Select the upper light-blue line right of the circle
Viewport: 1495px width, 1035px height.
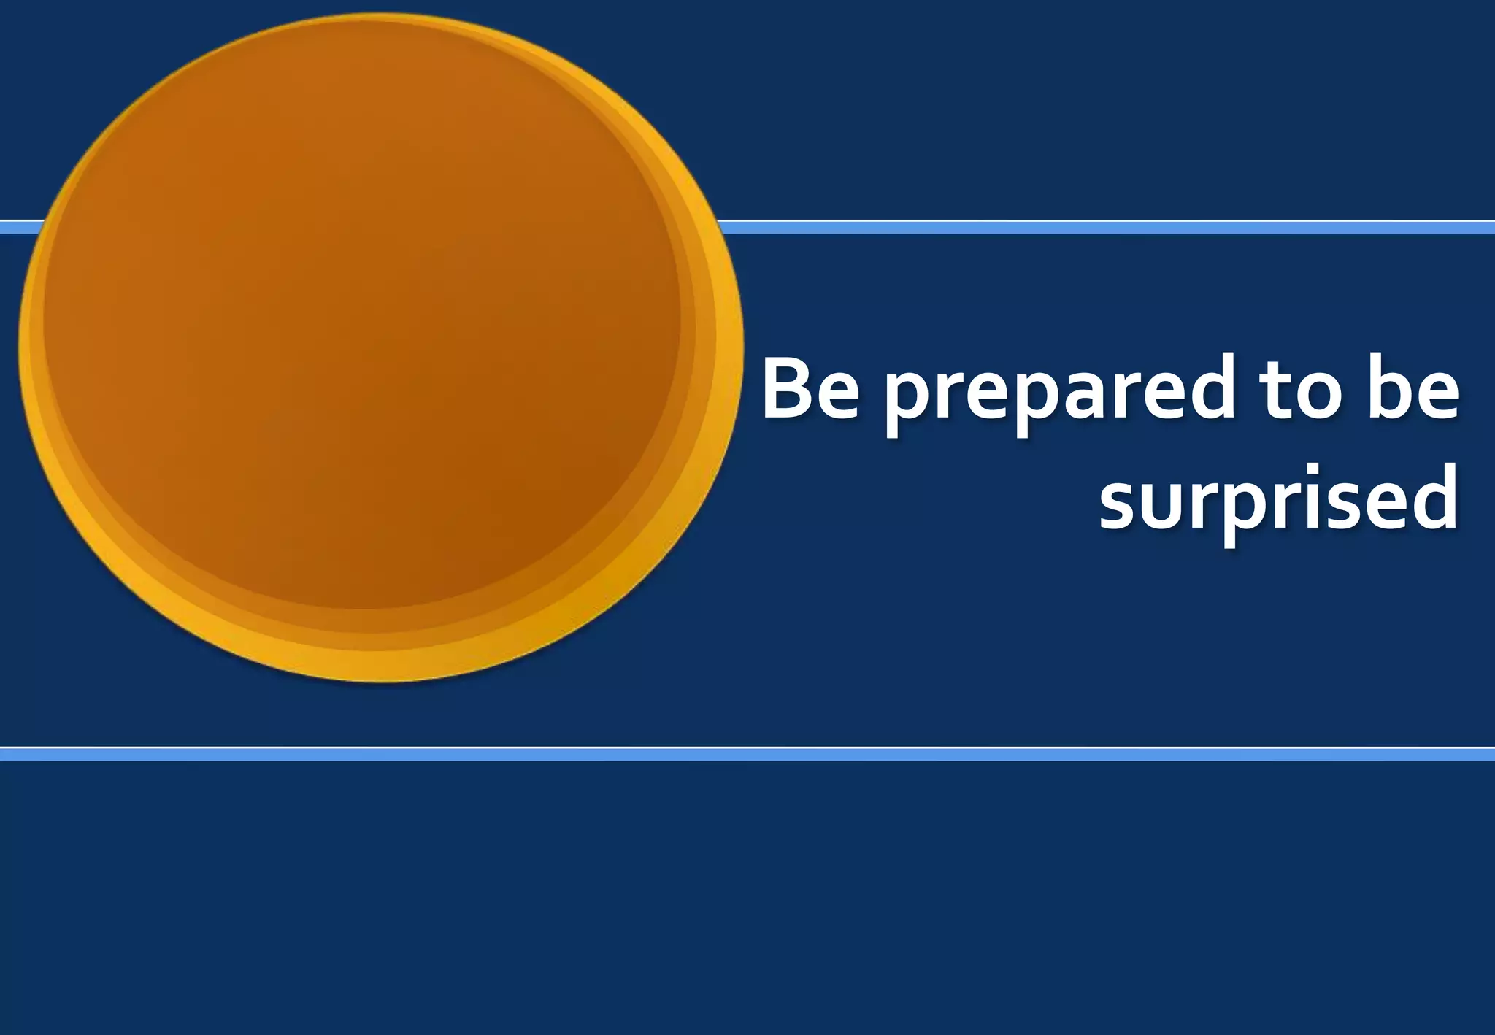coord(1095,228)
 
